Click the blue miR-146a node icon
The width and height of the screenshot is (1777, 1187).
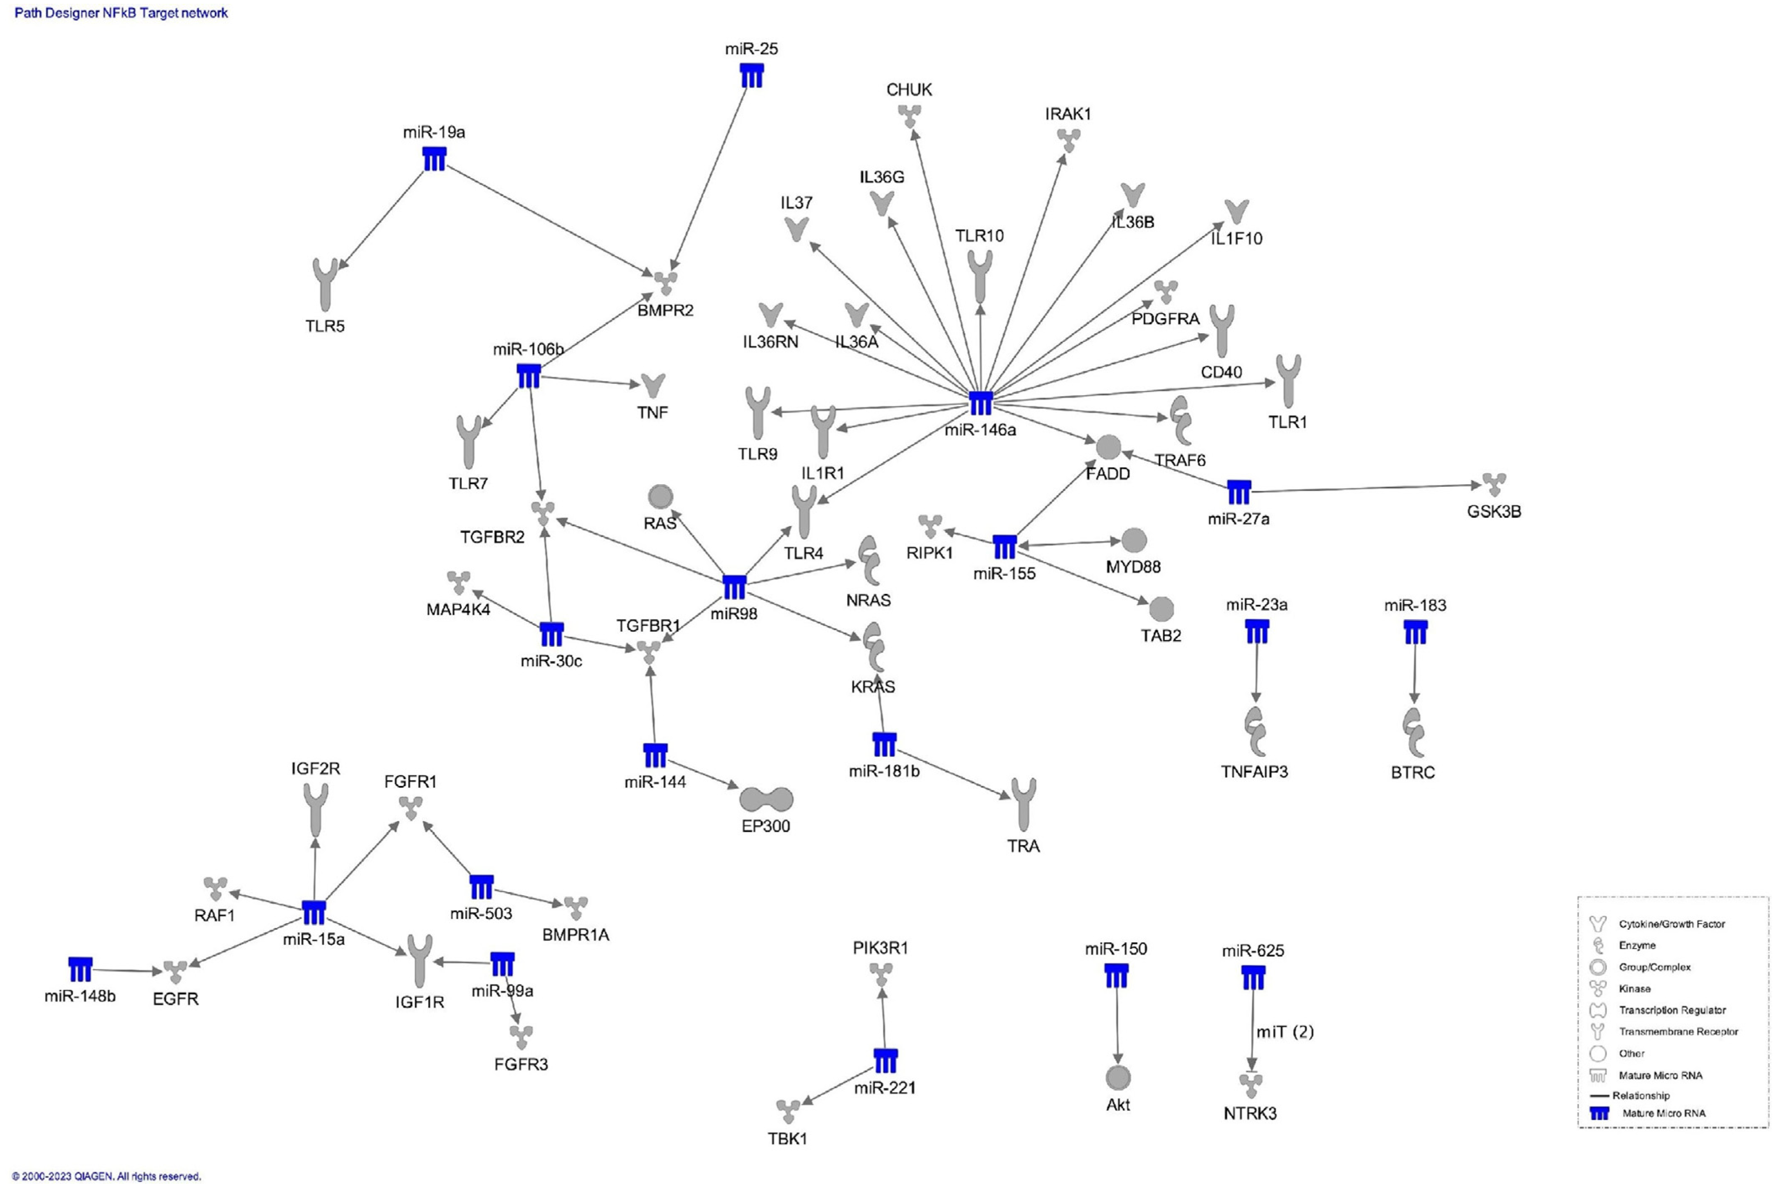[x=980, y=404]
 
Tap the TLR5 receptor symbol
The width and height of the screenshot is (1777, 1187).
[x=325, y=284]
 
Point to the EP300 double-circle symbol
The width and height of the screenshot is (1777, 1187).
[x=766, y=799]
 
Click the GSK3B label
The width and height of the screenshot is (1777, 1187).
[x=1493, y=512]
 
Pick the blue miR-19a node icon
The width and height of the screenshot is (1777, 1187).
[x=434, y=159]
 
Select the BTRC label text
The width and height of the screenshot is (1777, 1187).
[x=1412, y=772]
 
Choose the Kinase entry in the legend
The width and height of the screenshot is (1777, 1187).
[x=1634, y=989]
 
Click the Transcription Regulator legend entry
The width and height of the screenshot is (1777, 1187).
[x=1671, y=1010]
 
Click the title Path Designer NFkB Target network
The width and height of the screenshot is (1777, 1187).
[x=121, y=13]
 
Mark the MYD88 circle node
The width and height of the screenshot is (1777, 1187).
[x=1133, y=541]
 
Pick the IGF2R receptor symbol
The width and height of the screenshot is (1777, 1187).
[x=316, y=808]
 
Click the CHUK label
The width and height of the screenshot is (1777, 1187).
[x=909, y=90]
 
